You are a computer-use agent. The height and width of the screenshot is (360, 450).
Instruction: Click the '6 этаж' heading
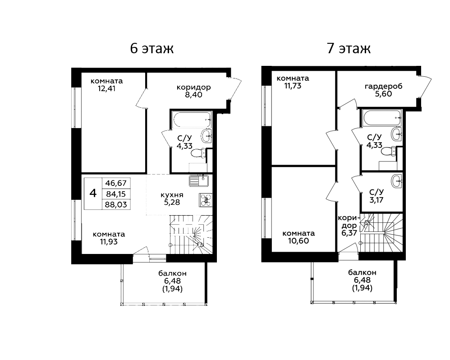pos(152,48)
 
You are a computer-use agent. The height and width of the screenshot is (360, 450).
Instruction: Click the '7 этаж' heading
pos(349,48)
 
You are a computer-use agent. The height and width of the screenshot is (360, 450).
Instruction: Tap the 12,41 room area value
pos(106,88)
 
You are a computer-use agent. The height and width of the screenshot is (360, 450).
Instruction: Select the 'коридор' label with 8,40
pos(194,87)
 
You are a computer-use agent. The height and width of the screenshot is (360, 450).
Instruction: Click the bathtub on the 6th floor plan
pos(192,120)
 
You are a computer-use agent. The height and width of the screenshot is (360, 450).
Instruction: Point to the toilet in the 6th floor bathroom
pos(198,153)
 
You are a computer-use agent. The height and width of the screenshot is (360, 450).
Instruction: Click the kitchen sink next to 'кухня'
pos(198,181)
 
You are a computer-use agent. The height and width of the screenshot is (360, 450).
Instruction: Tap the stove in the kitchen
pos(206,200)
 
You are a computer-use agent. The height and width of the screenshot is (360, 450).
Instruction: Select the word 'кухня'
pos(172,195)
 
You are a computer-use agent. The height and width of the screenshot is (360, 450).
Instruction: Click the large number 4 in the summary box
pos(93,193)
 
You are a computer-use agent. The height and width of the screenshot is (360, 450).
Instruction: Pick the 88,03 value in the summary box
pos(116,205)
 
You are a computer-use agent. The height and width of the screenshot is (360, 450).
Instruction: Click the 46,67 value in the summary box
pos(116,183)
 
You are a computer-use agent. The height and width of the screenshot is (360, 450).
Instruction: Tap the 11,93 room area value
pos(109,242)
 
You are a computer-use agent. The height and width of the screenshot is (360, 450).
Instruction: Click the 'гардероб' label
pos(383,86)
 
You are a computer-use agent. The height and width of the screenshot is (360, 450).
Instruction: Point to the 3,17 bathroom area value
pos(376,200)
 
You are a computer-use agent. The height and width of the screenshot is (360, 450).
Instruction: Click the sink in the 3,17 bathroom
pos(397,181)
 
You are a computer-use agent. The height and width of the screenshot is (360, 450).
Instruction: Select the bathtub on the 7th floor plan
pos(381,118)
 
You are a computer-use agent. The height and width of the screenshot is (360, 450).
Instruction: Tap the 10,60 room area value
pos(298,241)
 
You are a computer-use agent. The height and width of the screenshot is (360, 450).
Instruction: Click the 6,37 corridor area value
pos(349,233)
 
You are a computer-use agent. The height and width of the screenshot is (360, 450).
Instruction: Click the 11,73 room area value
pos(293,86)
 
